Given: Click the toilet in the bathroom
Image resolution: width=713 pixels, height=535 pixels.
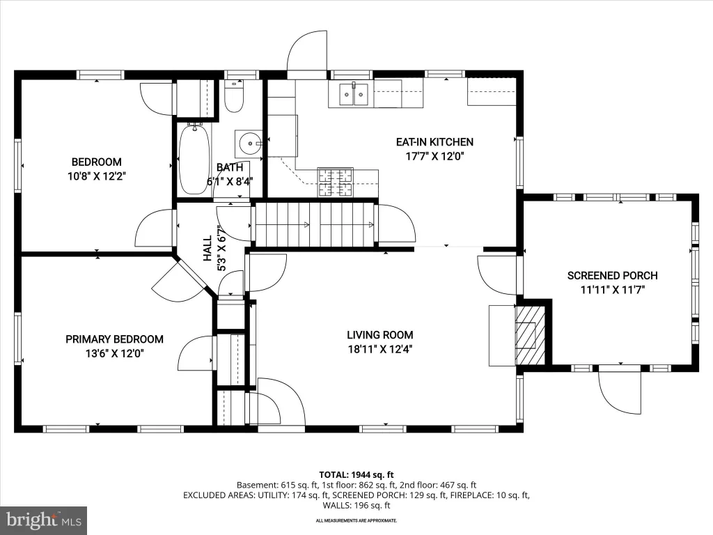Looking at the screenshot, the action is [234, 96].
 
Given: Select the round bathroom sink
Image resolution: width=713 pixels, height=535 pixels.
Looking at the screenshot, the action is [249, 144].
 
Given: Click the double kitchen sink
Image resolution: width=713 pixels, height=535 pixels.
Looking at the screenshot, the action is [354, 94].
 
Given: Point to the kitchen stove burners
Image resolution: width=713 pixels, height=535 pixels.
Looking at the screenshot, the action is [336, 183].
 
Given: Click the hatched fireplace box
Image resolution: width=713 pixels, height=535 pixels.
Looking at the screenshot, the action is [530, 335].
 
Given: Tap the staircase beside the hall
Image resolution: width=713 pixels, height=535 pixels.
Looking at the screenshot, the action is [314, 225].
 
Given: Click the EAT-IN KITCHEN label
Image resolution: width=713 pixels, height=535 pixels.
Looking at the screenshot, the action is [434, 142].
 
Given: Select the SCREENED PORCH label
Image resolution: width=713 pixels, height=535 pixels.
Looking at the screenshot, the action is [613, 275].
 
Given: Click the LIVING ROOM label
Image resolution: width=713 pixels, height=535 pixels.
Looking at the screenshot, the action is [380, 335].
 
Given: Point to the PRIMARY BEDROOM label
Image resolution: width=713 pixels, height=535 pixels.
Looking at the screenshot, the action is [115, 339].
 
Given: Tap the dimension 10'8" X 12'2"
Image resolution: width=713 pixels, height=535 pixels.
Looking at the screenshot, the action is [97, 176].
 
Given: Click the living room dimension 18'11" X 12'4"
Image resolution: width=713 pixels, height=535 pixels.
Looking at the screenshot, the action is [380, 350].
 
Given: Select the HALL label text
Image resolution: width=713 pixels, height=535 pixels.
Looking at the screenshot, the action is [207, 248].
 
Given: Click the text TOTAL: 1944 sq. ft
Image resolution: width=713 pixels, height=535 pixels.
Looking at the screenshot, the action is [356, 475].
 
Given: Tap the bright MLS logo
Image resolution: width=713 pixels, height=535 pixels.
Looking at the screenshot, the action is [44, 520].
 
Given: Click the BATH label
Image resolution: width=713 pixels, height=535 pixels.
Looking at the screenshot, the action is [230, 168].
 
